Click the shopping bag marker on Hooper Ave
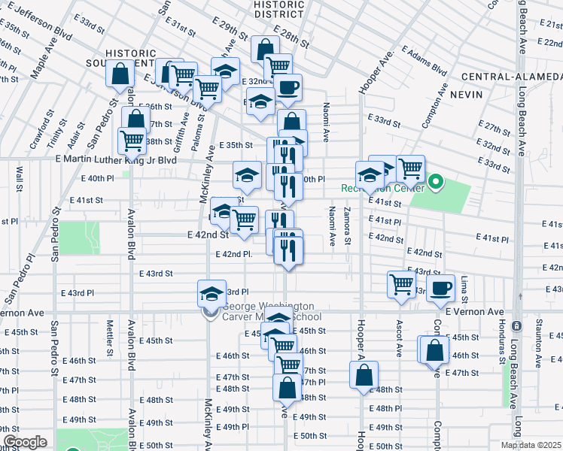coord(364,375)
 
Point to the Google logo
coord(25,442)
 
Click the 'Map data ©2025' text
coord(531,445)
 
